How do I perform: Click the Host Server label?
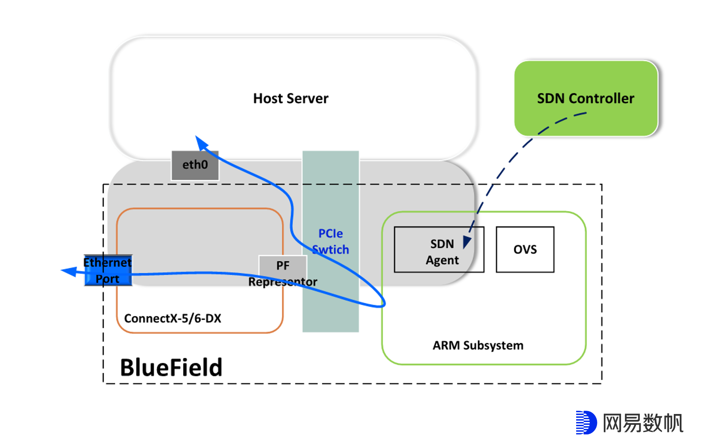290,98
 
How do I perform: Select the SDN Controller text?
585,98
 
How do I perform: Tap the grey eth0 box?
195,165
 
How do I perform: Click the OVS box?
525,250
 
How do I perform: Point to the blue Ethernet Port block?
108,270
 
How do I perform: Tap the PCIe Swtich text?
330,242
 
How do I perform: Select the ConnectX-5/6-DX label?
172,318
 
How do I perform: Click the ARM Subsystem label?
478,345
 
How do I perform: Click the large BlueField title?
171,368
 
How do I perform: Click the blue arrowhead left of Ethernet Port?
69,272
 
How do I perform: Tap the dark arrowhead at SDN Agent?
467,241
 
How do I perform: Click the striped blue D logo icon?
586,422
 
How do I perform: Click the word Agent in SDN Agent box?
442,260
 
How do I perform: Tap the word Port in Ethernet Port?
107,279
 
